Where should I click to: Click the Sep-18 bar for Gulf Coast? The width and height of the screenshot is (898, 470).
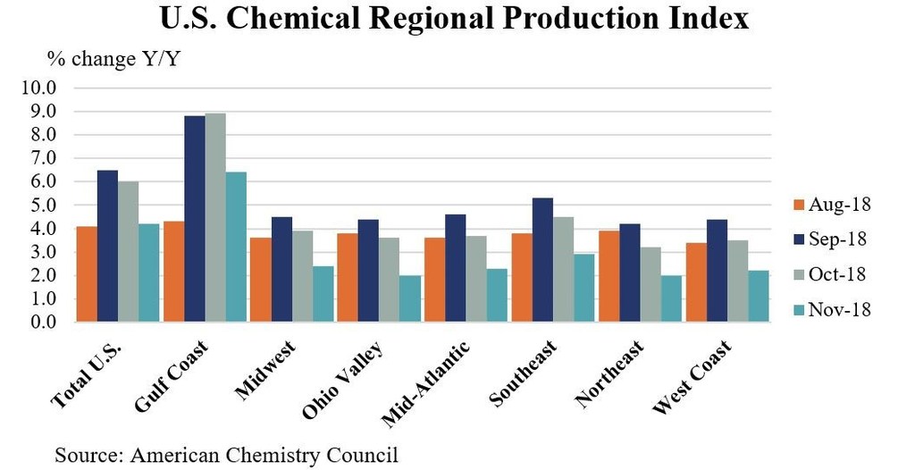[194, 219]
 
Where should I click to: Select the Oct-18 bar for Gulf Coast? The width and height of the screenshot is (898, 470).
[215, 217]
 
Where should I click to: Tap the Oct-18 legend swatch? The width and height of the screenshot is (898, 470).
[793, 274]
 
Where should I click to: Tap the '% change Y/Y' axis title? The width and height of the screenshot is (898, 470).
[100, 61]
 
